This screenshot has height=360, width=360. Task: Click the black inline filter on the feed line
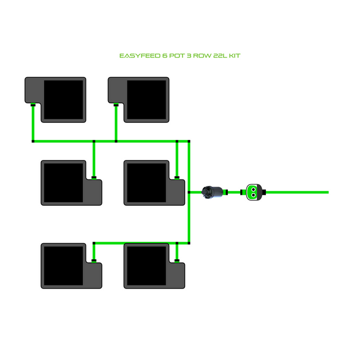click(x=212, y=192)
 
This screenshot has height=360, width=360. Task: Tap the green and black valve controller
click(x=254, y=192)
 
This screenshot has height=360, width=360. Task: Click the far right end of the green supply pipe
click(x=327, y=192)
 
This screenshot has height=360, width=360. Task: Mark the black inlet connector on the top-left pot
click(x=33, y=104)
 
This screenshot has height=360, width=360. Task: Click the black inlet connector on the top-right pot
click(x=116, y=104)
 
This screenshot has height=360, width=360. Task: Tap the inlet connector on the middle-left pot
click(x=94, y=177)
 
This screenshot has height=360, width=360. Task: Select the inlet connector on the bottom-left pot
click(x=94, y=261)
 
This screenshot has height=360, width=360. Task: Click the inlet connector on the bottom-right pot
click(x=177, y=261)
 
